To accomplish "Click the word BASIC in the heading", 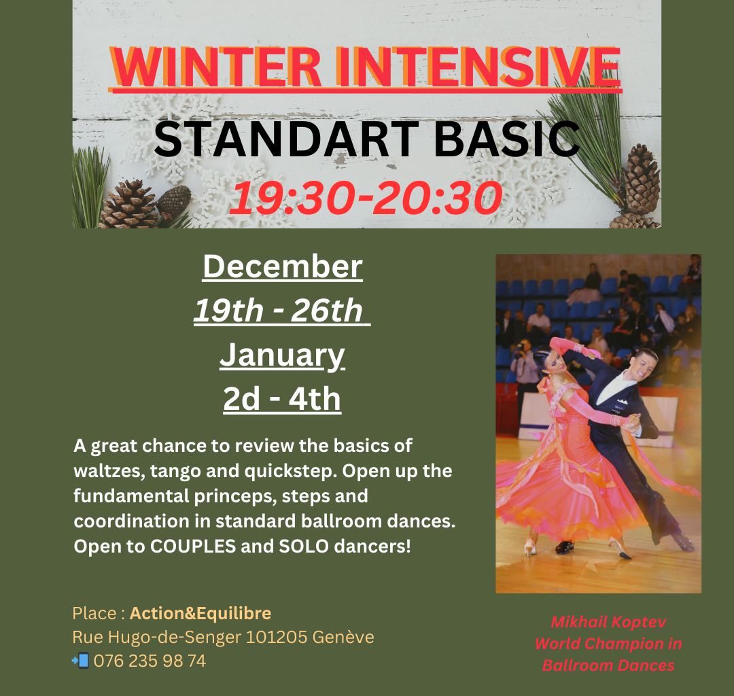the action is pyautogui.click(x=507, y=139).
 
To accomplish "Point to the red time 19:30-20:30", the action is pyautogui.click(x=366, y=198).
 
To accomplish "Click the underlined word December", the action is pyautogui.click(x=283, y=266).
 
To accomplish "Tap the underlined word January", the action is pyautogui.click(x=282, y=355).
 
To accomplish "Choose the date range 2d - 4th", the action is pyautogui.click(x=282, y=399).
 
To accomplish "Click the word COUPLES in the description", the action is pyautogui.click(x=193, y=546).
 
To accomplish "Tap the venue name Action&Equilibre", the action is pyautogui.click(x=200, y=613).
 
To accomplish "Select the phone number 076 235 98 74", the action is pyautogui.click(x=150, y=661).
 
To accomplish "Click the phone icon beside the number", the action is pyautogui.click(x=80, y=661).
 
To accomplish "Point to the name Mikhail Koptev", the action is pyautogui.click(x=608, y=622).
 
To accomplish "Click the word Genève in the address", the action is pyautogui.click(x=343, y=637).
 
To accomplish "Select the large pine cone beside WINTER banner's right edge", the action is pyautogui.click(x=642, y=179).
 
